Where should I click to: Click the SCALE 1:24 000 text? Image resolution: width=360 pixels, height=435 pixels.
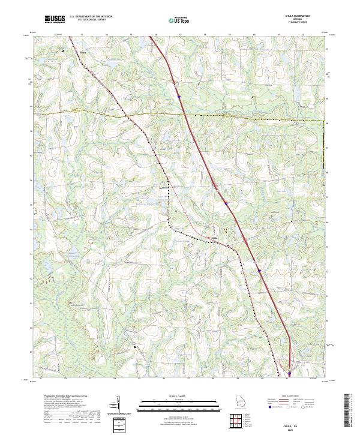179,395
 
